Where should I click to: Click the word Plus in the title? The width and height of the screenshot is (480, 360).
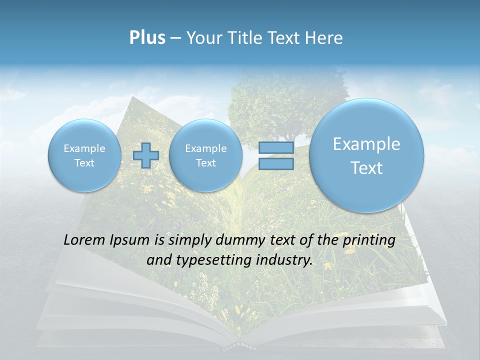click(x=147, y=38)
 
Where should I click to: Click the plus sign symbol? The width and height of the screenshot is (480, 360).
click(x=146, y=155)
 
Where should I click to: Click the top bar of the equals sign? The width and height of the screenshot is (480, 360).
click(x=275, y=148)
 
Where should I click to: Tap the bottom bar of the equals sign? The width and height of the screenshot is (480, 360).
click(x=275, y=163)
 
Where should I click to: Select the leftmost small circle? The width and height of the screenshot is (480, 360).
click(x=84, y=155)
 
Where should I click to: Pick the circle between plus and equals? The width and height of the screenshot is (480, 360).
click(x=205, y=155)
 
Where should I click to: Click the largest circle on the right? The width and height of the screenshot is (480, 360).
click(x=366, y=155)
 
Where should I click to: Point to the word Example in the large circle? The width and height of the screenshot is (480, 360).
click(x=366, y=144)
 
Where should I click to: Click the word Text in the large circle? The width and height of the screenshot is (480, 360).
click(x=366, y=168)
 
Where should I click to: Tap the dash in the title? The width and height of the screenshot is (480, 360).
click(x=175, y=38)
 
